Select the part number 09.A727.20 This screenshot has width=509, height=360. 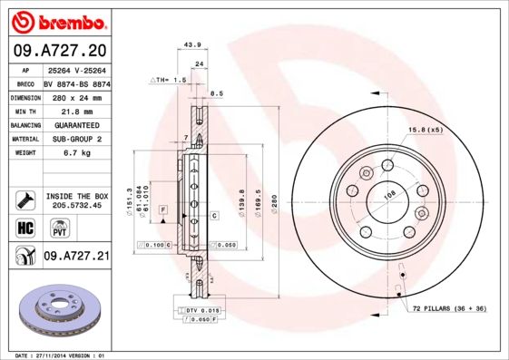59,50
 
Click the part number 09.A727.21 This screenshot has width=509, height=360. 76,257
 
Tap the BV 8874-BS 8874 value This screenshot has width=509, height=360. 76,82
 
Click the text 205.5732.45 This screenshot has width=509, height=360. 76,205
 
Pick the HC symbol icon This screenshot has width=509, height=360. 25,228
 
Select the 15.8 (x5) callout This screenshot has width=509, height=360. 426,130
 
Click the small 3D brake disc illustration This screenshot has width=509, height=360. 55,306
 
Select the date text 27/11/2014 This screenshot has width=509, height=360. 53,355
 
